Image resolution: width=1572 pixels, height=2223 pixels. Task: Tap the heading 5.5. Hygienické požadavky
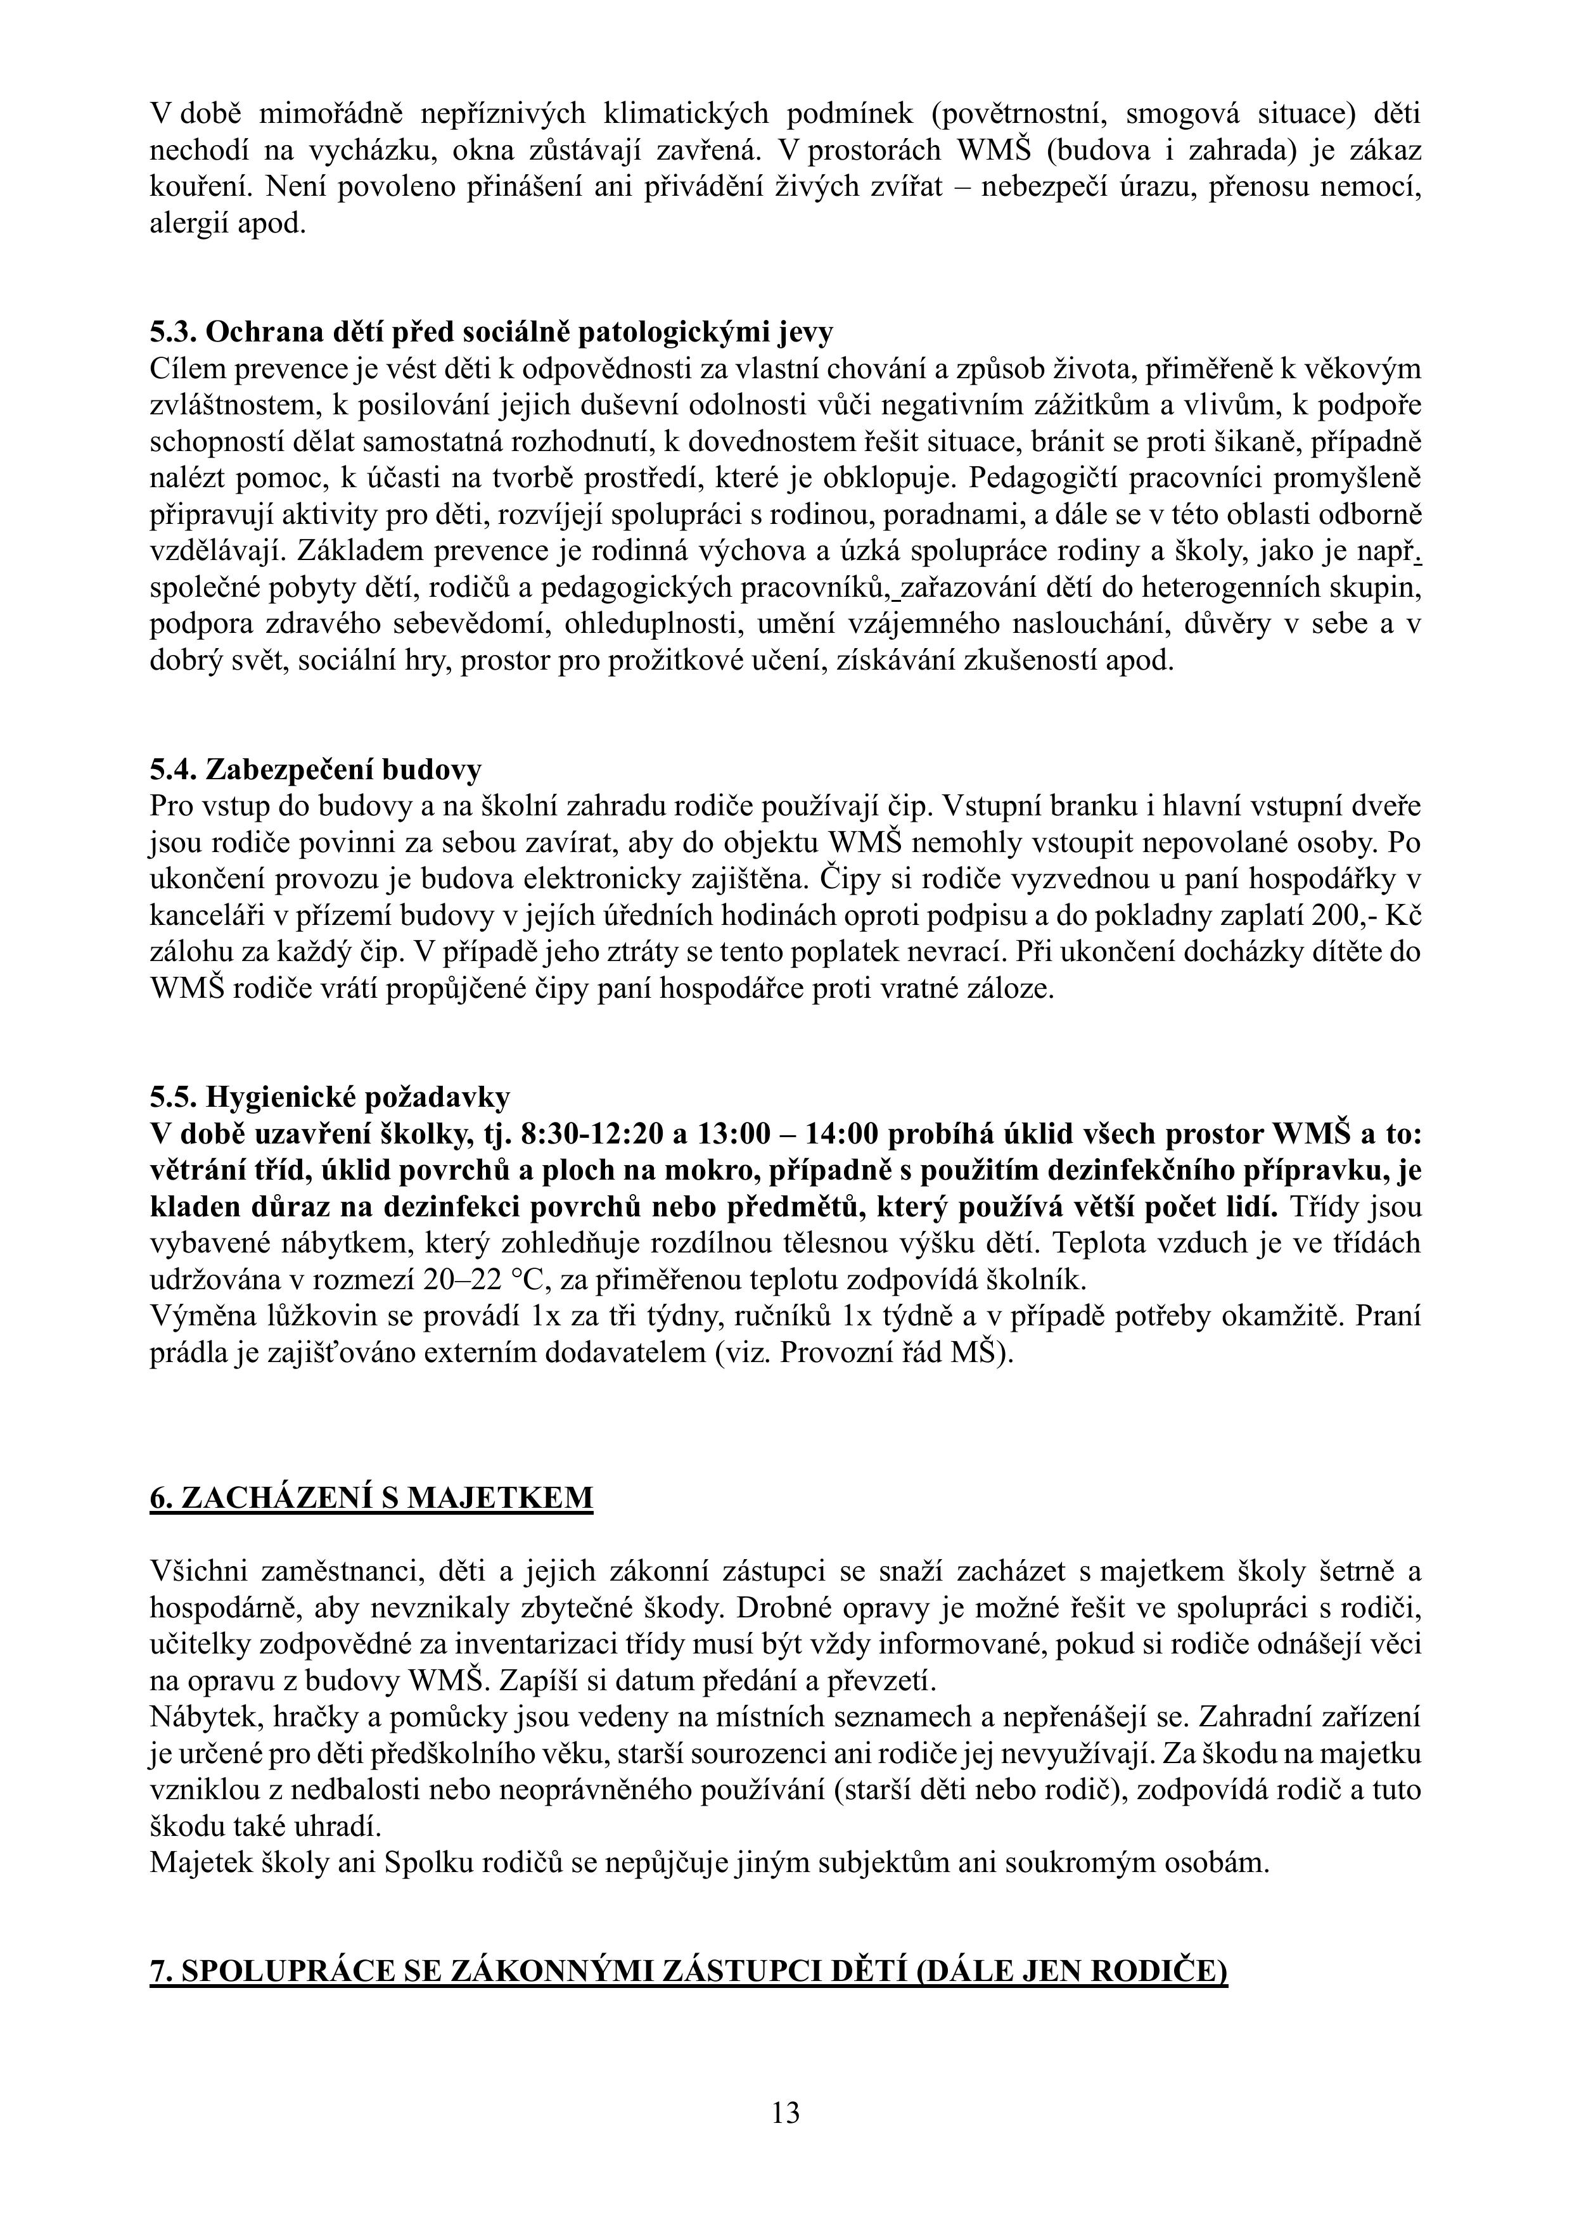(x=329, y=1098)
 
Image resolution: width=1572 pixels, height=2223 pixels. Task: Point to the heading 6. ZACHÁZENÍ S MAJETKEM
(x=371, y=1498)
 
